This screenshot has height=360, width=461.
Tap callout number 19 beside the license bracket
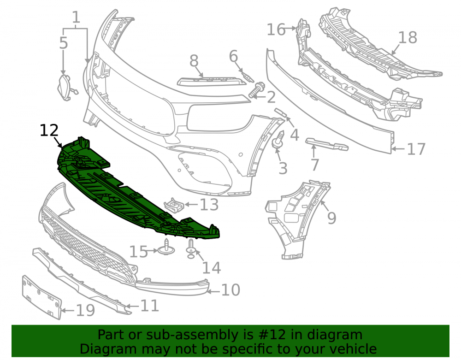85,310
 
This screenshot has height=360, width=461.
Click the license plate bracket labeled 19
42,297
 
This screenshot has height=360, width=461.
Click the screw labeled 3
279,139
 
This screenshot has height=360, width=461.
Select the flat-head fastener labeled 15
166,248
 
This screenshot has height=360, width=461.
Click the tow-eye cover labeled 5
66,87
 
